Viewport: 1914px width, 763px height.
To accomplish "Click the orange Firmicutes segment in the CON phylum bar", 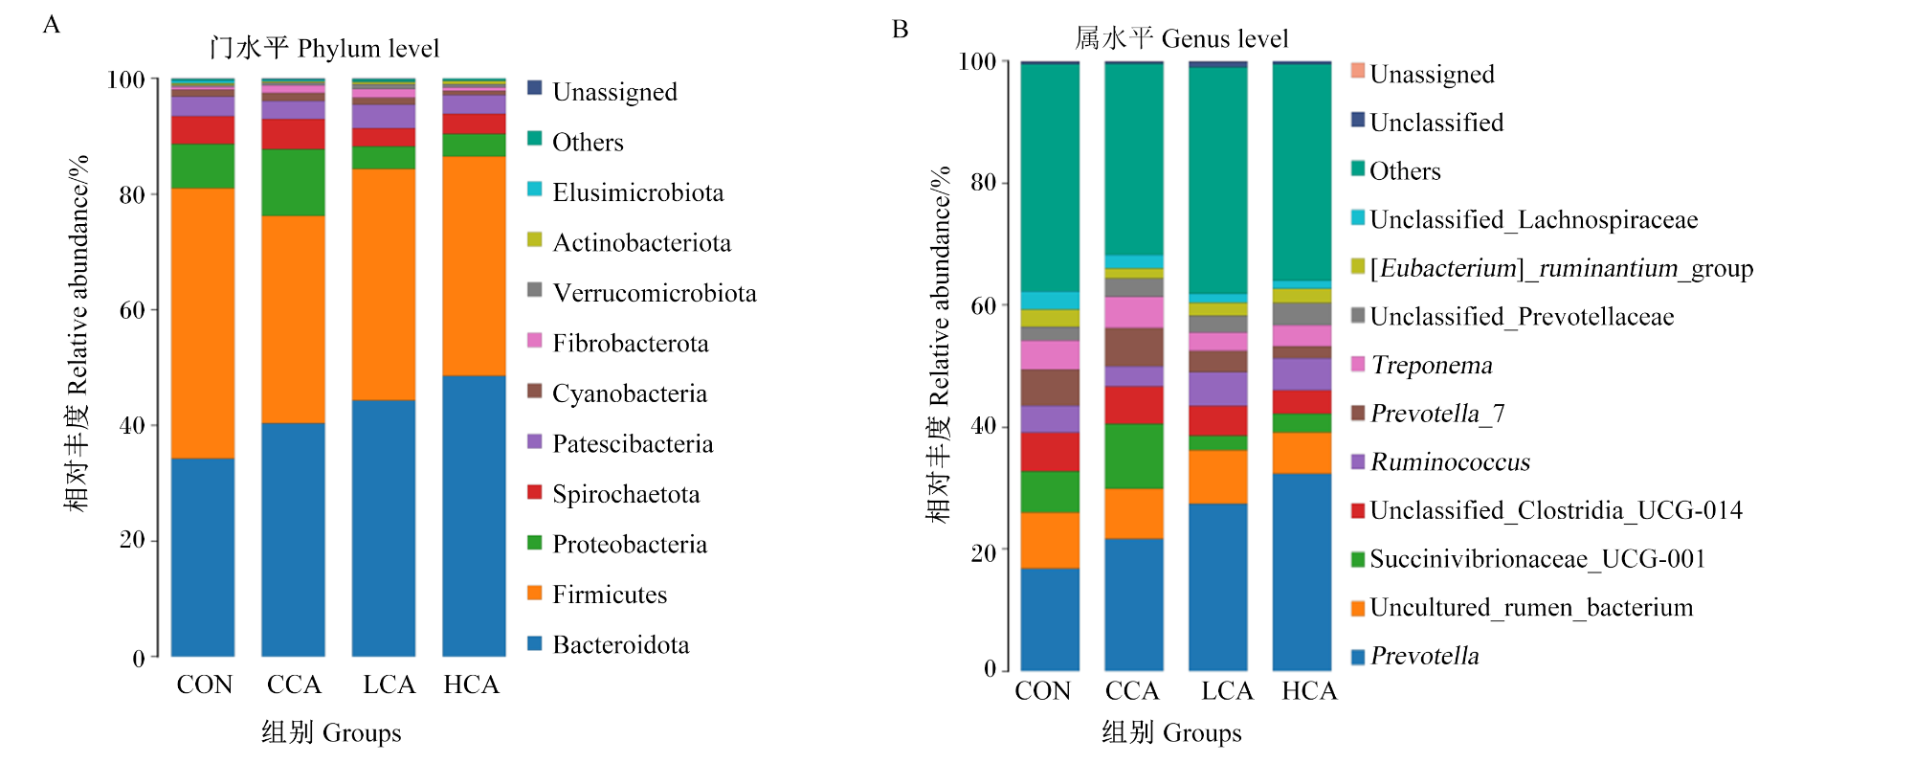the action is [x=203, y=324].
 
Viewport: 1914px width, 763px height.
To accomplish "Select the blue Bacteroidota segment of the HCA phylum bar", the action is [x=474, y=516].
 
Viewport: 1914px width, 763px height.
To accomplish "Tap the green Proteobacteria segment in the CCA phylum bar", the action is [x=293, y=183].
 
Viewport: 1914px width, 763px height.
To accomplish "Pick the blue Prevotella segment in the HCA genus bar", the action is [x=1302, y=572].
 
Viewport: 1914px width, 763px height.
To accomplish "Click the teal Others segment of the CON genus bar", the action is [x=1050, y=178].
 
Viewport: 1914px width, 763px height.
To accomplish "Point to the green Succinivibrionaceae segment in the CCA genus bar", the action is [x=1134, y=457].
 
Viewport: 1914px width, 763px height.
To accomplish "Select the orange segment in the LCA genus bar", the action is [x=1218, y=477].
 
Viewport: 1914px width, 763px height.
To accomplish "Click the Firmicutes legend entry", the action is [x=597, y=595].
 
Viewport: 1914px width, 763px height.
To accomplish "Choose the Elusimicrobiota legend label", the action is [x=638, y=192].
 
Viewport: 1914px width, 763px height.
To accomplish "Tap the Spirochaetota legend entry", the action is [x=613, y=494].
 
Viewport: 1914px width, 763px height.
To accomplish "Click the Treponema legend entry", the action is [x=1421, y=365].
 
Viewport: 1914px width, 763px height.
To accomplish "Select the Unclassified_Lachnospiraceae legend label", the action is [x=1534, y=220].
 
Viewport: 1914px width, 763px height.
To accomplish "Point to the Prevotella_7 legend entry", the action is [x=1428, y=414].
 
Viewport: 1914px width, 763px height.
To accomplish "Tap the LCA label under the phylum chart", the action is [x=389, y=684].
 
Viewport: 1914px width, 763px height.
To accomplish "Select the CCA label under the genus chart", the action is [x=1132, y=690].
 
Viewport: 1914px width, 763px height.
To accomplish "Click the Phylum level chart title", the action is [x=324, y=48].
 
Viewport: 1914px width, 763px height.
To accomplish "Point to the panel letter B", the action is [x=900, y=29].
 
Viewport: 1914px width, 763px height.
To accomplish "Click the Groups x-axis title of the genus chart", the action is [x=1171, y=732].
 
